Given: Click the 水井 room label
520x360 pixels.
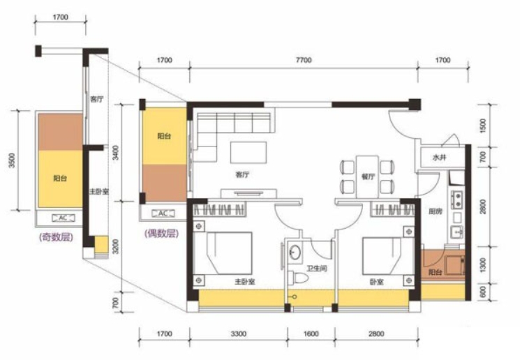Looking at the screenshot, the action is coord(440,158).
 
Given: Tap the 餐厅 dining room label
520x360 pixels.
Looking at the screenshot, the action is coord(368,177).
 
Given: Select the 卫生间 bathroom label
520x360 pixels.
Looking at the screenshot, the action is coord(317,268).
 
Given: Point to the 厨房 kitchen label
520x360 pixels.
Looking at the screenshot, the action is coord(435,211).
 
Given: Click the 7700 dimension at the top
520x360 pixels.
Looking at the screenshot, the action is coord(304,60).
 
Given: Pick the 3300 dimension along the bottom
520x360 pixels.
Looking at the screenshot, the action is coord(239,333).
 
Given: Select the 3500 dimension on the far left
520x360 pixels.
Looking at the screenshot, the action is coord(13,160).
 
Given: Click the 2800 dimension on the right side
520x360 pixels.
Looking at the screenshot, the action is coord(483,207).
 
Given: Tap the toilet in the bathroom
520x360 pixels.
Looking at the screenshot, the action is coord(297,278).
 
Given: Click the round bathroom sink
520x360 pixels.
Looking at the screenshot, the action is coord(294,253).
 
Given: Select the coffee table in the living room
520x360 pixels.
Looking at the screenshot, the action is coord(248,153).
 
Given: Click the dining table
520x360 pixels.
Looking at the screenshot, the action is coord(367,177).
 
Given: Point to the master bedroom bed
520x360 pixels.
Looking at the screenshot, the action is coord(229,253).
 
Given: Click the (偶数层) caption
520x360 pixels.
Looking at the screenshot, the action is coord(162,233).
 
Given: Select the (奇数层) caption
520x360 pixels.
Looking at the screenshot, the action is coord(56,237).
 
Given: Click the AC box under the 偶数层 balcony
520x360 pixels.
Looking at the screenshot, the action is coord(163,213).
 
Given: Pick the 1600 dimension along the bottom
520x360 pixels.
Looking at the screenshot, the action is coord(311,333).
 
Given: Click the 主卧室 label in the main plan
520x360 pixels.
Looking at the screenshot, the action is coord(245,282).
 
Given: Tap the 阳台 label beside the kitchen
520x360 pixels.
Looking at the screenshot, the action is coord(435,273).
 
